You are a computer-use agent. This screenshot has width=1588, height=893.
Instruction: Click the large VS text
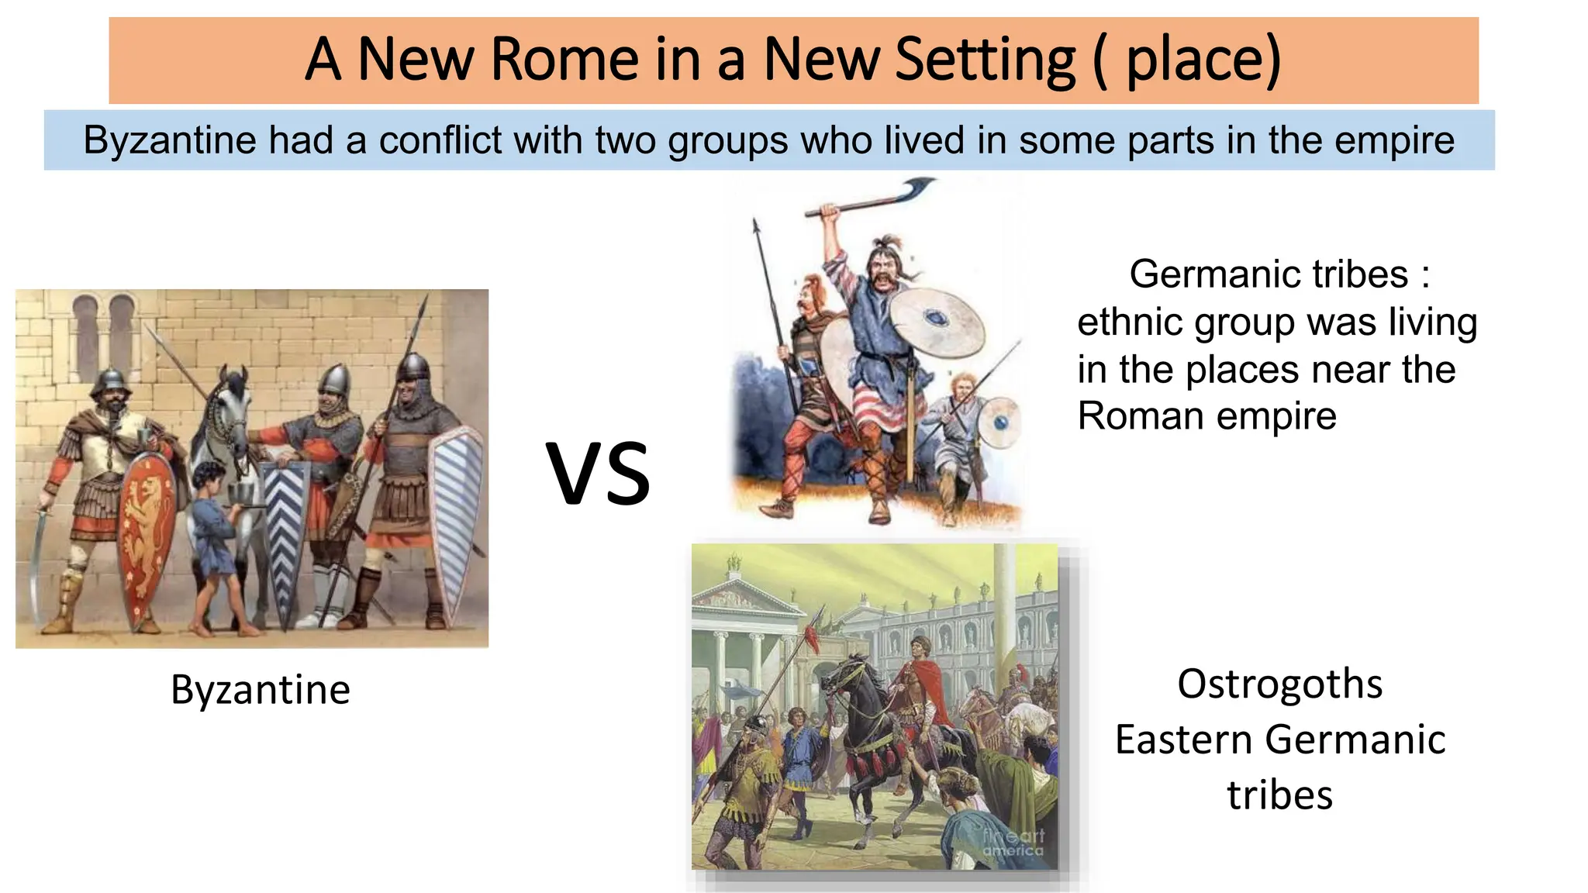click(598, 473)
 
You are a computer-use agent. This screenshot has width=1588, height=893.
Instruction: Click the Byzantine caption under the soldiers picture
click(260, 689)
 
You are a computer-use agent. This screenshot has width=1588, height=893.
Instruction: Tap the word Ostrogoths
click(1279, 684)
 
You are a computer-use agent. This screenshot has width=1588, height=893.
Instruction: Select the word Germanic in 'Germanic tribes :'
click(1214, 274)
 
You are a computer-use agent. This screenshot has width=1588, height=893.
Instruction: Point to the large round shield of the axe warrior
click(937, 322)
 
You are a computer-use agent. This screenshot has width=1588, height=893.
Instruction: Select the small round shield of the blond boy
click(1000, 422)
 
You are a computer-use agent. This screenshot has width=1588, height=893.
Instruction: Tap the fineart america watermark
click(1013, 843)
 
